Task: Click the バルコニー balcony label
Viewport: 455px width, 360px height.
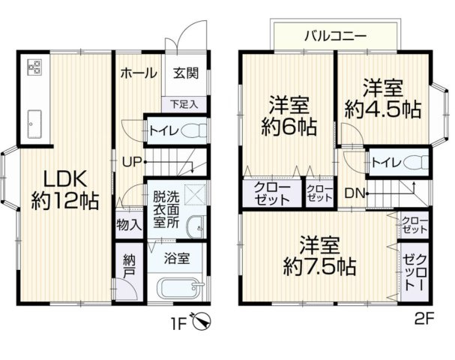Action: point(335,35)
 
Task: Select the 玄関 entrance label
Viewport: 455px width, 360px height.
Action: point(186,73)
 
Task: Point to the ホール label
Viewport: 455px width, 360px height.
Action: point(138,73)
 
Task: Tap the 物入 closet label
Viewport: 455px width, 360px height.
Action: point(128,223)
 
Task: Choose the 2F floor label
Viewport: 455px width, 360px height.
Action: point(425,318)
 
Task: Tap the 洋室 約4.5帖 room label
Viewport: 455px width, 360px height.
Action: point(382,97)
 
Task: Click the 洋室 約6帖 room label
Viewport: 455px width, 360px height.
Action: point(286,114)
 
